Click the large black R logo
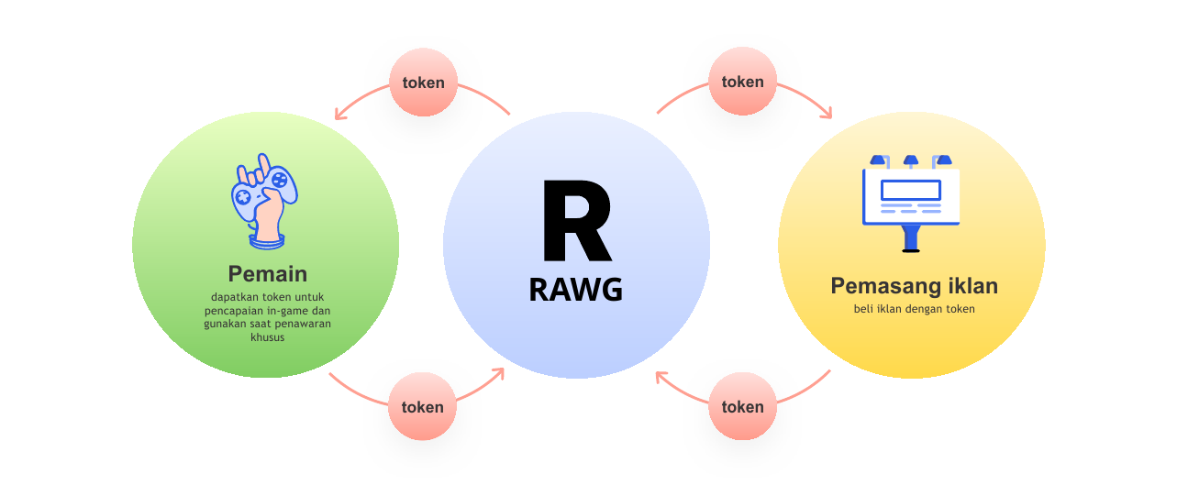(x=577, y=220)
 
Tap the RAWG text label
(x=576, y=290)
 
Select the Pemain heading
(x=268, y=274)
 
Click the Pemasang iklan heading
(x=914, y=286)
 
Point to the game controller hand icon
(x=265, y=201)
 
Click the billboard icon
(x=911, y=204)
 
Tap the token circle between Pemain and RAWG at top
(x=424, y=82)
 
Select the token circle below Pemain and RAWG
(x=423, y=406)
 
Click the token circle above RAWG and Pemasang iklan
(x=742, y=82)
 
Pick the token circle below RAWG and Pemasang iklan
(x=742, y=406)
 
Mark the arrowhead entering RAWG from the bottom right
(x=660, y=376)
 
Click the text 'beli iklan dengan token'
(x=915, y=309)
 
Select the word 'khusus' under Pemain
(x=268, y=337)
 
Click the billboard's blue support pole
(x=911, y=238)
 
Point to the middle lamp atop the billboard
(x=911, y=160)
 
